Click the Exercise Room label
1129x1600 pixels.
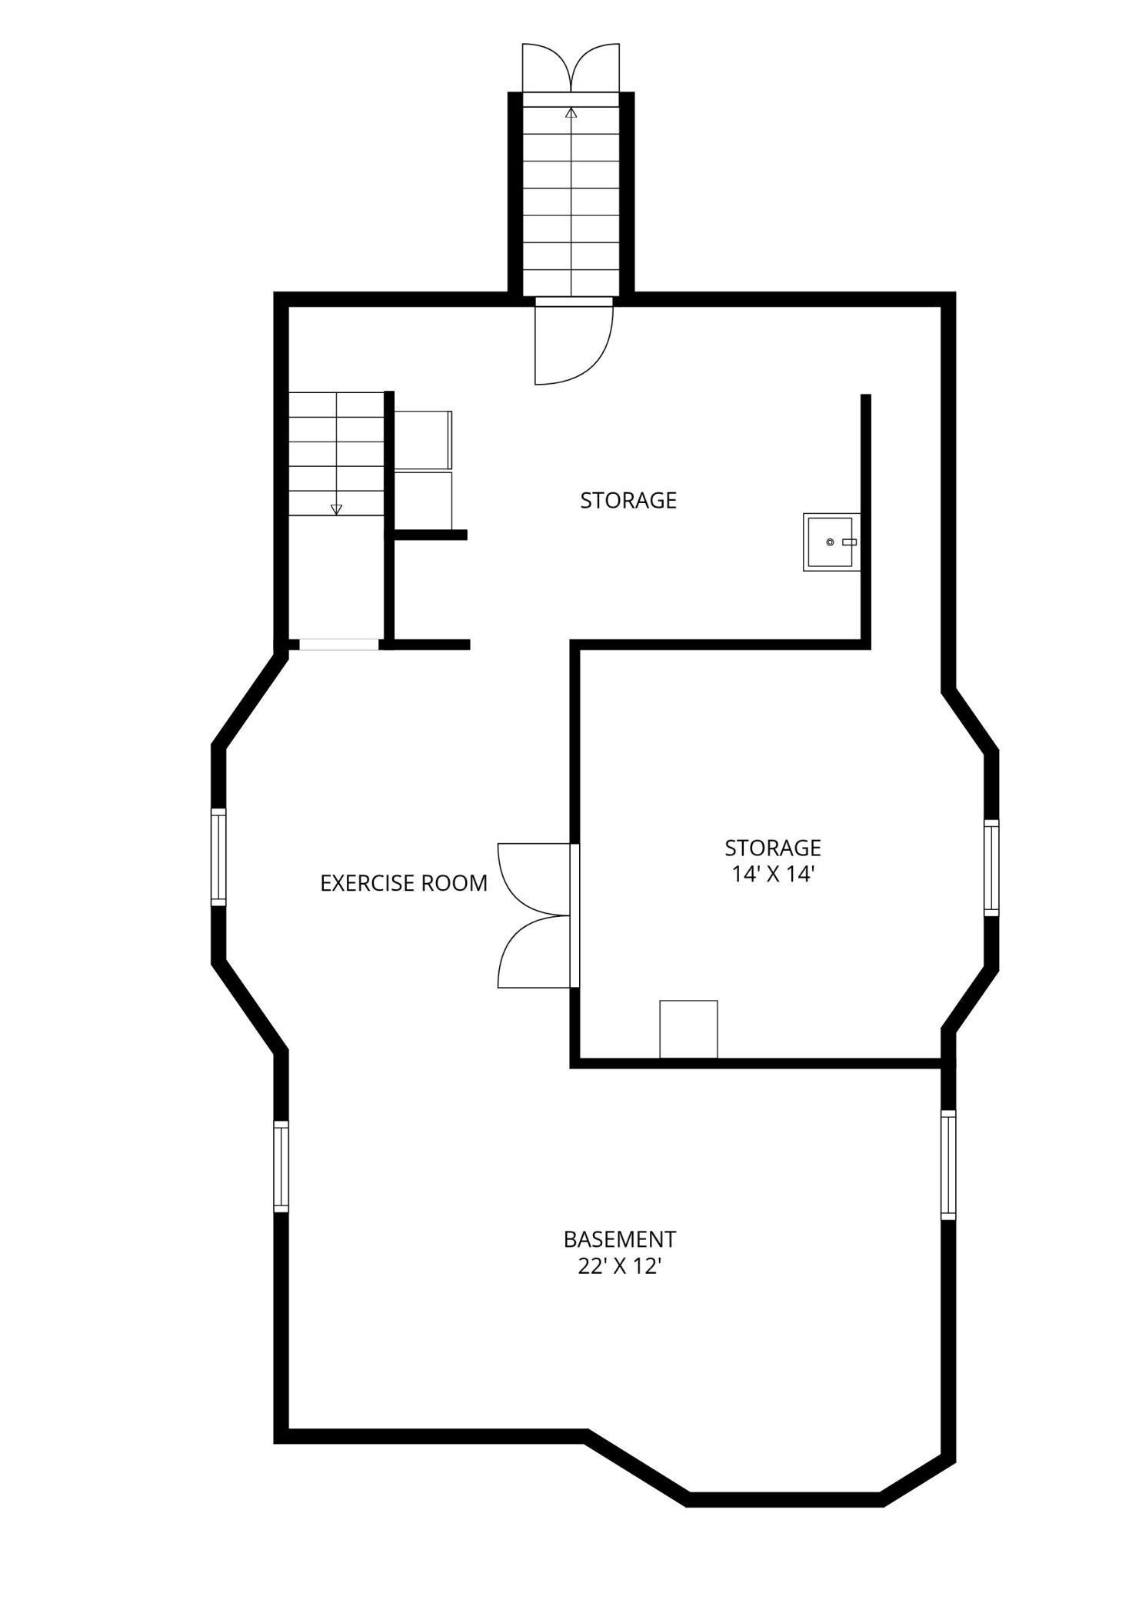404,883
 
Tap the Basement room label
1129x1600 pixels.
620,1239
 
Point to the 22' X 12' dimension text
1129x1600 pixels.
620,1266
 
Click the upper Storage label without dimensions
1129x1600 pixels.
628,500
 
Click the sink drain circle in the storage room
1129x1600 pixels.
830,542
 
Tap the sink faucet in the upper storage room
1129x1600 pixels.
849,542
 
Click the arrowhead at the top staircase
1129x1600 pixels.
571,113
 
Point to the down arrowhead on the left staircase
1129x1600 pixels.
336,508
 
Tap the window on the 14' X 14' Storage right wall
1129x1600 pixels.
991,868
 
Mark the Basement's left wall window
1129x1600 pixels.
281,1166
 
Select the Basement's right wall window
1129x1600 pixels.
949,1165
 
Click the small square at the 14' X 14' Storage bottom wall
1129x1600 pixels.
688,1028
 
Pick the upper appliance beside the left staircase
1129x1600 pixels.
423,440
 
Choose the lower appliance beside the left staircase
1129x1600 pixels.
423,500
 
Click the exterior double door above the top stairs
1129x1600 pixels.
571,68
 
